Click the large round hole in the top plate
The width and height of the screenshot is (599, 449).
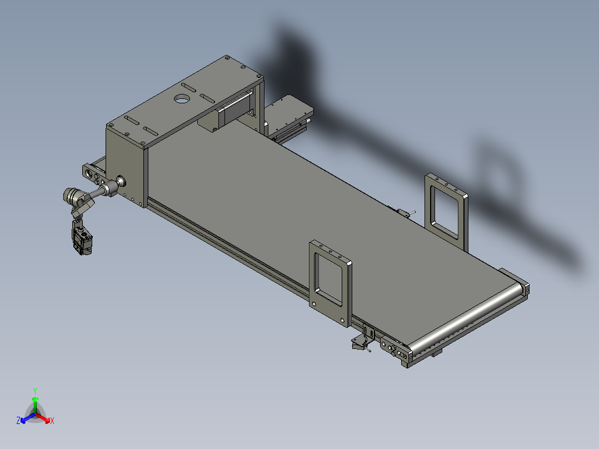tap(181, 99)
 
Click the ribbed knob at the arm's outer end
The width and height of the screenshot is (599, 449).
tap(71, 195)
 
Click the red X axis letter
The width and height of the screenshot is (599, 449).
tap(52, 421)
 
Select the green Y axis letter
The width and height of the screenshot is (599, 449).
tap(35, 391)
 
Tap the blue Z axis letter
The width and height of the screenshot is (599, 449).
tap(18, 421)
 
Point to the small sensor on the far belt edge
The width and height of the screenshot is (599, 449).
tap(404, 212)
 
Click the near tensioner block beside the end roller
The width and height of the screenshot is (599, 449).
tap(393, 348)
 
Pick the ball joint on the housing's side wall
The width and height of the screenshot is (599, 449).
tap(119, 182)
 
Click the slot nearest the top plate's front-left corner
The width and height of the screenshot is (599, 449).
tap(132, 121)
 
